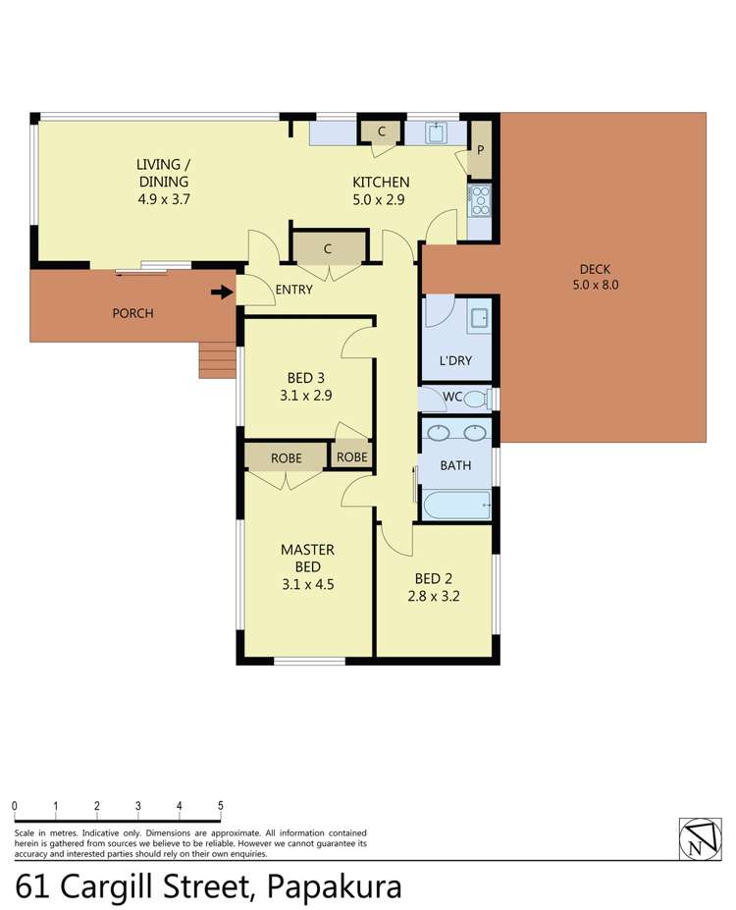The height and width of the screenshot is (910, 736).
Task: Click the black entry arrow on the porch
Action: (x=223, y=291)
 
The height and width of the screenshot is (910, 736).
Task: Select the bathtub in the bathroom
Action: (x=455, y=506)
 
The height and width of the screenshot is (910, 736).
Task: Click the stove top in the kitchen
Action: (x=479, y=199)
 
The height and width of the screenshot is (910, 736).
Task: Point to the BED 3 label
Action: (x=306, y=377)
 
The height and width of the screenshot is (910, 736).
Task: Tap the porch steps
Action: (x=217, y=359)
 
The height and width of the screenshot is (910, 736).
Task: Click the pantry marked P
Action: (x=481, y=150)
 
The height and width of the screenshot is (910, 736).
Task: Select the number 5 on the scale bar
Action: (x=221, y=806)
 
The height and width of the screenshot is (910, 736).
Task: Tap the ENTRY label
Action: (x=293, y=290)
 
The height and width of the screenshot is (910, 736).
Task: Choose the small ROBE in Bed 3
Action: (x=351, y=457)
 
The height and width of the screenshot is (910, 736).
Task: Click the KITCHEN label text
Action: (x=381, y=182)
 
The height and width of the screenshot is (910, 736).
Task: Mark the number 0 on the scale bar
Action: (x=15, y=806)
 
